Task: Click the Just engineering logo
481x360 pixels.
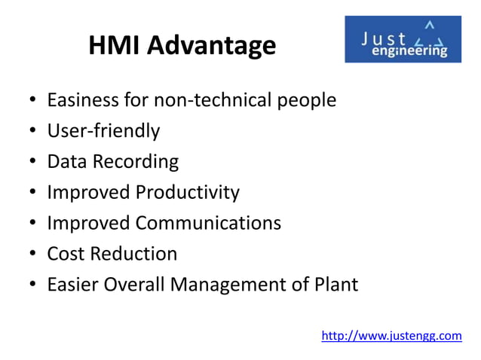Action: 403,39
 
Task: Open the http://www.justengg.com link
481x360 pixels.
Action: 391,335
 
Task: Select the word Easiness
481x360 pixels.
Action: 83,100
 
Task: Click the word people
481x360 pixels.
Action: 303,101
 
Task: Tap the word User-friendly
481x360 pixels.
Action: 103,131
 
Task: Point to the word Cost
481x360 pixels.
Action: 66,254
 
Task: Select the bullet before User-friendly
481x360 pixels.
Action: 33,132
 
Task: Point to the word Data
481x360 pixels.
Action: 66,162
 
